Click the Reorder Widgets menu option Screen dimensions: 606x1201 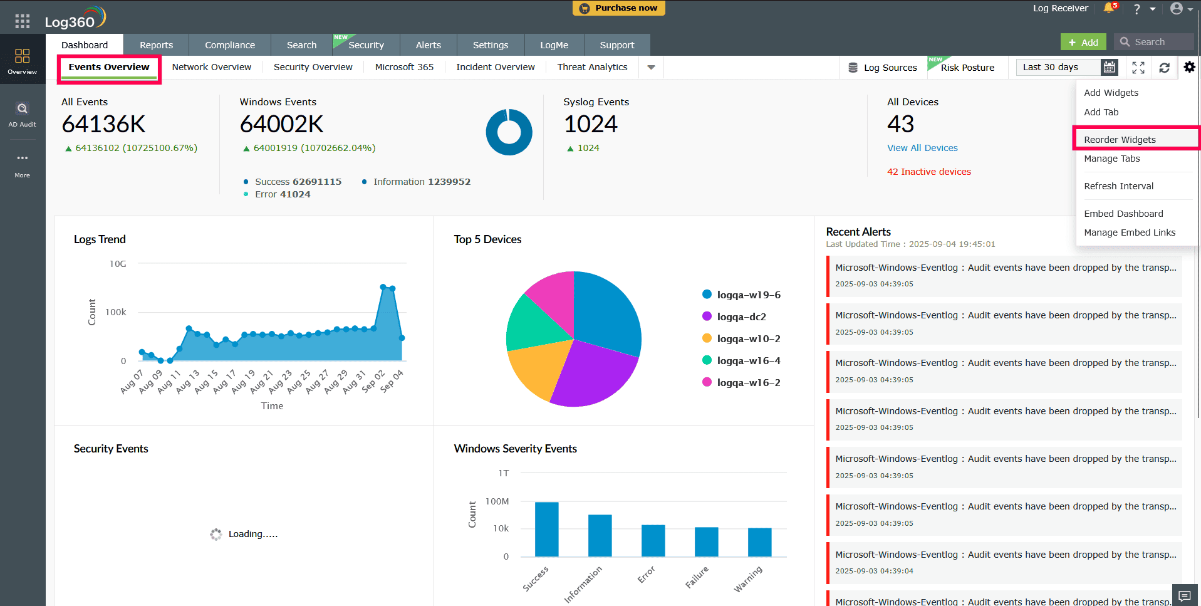1120,139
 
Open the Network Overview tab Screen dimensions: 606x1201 211,67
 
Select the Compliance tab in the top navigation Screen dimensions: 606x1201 229,45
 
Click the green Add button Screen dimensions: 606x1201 1083,42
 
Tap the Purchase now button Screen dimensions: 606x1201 618,8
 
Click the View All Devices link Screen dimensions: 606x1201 922,148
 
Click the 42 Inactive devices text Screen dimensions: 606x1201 928,172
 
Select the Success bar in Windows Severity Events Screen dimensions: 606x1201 546,529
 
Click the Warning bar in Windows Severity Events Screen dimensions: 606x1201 759,542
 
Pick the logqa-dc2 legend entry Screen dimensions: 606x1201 741,317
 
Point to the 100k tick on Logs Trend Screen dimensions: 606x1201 116,312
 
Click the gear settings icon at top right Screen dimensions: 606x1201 1189,67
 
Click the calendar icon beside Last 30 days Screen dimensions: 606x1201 1109,67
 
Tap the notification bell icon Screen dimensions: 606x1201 1108,8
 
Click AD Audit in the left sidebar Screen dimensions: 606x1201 22,114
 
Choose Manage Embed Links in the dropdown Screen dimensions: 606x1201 1129,232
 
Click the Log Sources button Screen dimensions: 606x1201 882,68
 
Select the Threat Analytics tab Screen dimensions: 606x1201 592,67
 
